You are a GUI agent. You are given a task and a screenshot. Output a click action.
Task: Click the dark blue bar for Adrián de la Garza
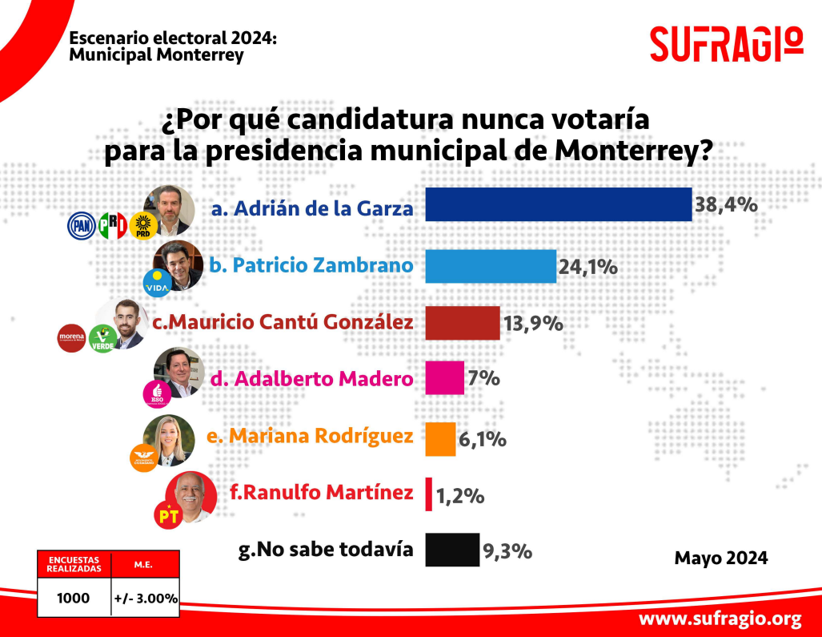tap(558, 204)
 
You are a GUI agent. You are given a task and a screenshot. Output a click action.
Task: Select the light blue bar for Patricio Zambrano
tap(490, 266)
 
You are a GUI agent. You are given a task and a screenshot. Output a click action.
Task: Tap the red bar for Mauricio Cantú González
tap(462, 323)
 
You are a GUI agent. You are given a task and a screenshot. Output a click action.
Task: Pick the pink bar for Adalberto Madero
tap(444, 377)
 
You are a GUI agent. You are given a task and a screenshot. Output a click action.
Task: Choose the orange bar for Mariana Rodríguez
tap(440, 438)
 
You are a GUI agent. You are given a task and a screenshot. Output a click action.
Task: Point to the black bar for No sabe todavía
tap(452, 550)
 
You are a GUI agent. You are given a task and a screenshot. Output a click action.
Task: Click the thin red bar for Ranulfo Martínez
tap(429, 494)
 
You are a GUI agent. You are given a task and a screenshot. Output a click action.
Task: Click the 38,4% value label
tap(726, 204)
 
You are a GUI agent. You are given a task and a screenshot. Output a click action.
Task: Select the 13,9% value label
tap(533, 324)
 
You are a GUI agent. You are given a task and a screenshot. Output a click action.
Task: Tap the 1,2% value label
tap(459, 495)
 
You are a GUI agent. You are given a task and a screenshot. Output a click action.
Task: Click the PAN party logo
tap(81, 226)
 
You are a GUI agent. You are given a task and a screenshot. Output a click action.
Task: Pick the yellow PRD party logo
tap(143, 226)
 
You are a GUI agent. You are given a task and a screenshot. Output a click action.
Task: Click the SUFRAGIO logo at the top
tap(726, 43)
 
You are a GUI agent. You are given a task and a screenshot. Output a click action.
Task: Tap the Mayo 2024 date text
tap(720, 558)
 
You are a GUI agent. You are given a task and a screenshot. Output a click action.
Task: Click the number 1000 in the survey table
tap(74, 598)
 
